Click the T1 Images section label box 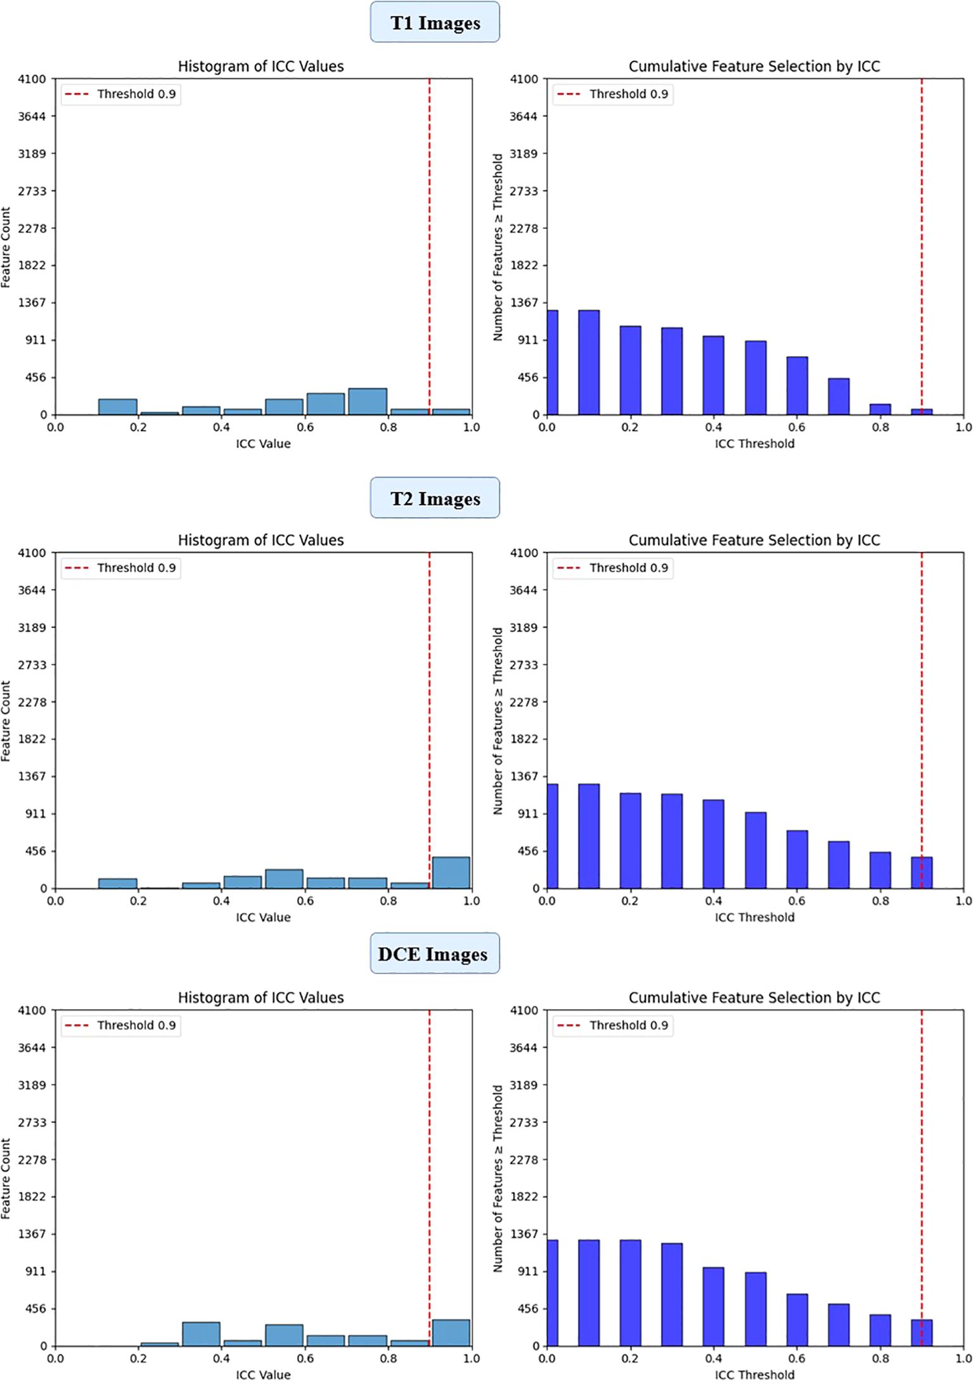tap(435, 23)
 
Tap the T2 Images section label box tap(435, 499)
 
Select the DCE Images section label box tap(435, 954)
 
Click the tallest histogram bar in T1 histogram tap(367, 402)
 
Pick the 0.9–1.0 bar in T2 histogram tap(451, 873)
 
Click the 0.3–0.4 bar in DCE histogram tap(201, 1334)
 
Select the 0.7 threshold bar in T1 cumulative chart tap(839, 397)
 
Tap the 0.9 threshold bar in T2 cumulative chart tap(922, 873)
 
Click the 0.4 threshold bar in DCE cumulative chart tap(713, 1307)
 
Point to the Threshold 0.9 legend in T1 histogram tap(121, 94)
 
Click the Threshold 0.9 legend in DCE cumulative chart tap(613, 1025)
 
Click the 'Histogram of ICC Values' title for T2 tap(261, 541)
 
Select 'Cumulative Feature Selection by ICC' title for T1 tap(754, 67)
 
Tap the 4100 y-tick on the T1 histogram tap(32, 79)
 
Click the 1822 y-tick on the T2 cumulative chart tap(524, 739)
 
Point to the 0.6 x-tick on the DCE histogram tap(305, 1358)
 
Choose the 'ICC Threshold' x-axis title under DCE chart tap(754, 1375)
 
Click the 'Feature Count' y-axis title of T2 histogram tap(6, 721)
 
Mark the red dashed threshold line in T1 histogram tap(429, 253)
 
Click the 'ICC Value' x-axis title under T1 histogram tap(263, 444)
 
